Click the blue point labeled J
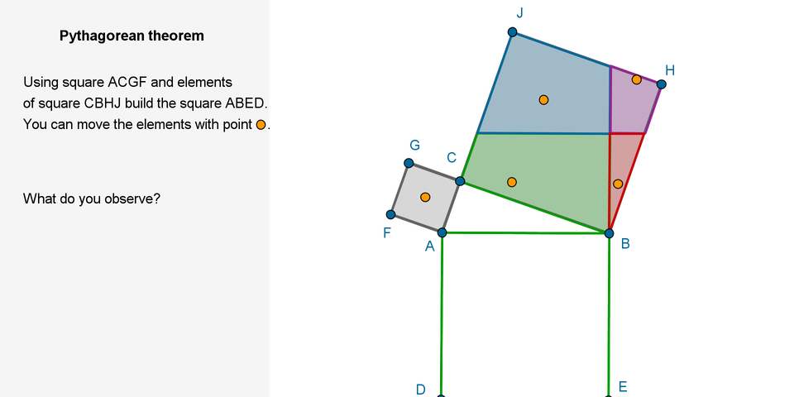(x=513, y=32)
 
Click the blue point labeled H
(x=661, y=84)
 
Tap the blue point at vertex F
(x=391, y=215)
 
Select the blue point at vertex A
(x=442, y=232)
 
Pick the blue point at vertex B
(x=610, y=233)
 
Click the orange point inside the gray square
(x=425, y=197)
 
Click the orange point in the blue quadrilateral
(x=543, y=100)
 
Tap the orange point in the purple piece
(x=636, y=79)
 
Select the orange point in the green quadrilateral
(x=512, y=182)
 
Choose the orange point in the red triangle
(x=618, y=184)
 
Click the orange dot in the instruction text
(x=261, y=125)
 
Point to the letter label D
(x=421, y=389)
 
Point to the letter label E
(x=623, y=386)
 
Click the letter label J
(x=519, y=12)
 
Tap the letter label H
(x=670, y=70)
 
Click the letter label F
(x=387, y=232)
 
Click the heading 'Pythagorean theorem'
(x=132, y=36)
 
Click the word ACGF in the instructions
(x=127, y=83)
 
